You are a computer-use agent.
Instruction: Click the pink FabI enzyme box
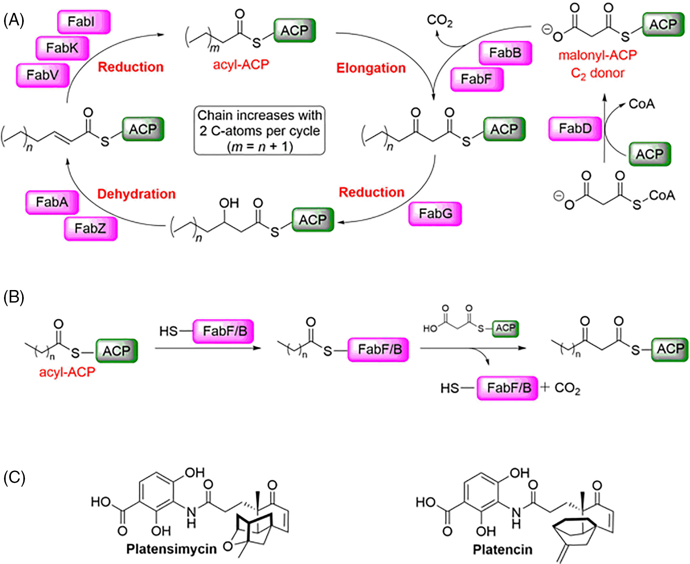click(84, 22)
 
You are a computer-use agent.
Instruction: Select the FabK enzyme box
click(62, 48)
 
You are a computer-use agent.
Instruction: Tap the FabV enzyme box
click(43, 75)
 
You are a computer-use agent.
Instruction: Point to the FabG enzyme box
click(435, 214)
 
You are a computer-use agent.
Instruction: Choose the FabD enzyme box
click(575, 129)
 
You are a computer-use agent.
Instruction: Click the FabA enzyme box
click(52, 202)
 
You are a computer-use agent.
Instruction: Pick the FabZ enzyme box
click(91, 228)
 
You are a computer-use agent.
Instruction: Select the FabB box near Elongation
click(505, 53)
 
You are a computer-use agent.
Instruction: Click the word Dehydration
click(137, 194)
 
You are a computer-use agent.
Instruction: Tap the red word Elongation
click(371, 68)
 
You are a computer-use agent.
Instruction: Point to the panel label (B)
click(14, 297)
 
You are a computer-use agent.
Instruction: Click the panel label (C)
click(14, 477)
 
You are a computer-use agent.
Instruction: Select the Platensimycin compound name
click(172, 549)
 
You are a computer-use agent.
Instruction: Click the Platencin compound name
click(502, 549)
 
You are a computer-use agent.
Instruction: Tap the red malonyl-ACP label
click(597, 55)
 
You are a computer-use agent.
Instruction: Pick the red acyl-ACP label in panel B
click(67, 372)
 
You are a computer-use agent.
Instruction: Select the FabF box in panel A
click(477, 79)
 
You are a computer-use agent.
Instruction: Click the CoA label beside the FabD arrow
click(641, 104)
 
